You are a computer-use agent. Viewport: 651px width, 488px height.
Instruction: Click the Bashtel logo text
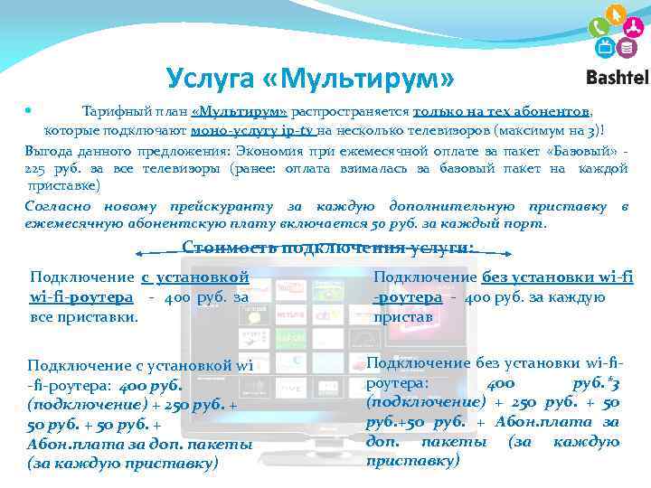(617, 78)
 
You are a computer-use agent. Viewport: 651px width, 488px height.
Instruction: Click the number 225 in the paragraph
(37, 168)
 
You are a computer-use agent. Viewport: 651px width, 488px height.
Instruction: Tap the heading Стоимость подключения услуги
(327, 247)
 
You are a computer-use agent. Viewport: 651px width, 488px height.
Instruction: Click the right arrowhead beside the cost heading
(513, 254)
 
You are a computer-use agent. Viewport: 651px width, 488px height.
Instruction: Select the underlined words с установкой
(194, 277)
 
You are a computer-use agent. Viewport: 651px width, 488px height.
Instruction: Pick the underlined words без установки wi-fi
(558, 277)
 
